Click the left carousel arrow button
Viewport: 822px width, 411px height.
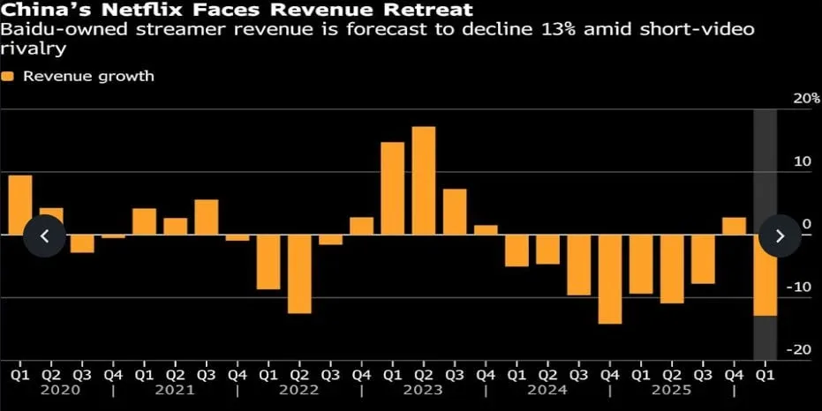[x=44, y=235]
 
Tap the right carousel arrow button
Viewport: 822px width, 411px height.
[x=780, y=235]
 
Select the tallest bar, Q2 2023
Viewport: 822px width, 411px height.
[x=424, y=181]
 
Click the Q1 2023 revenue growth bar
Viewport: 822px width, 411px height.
[x=392, y=188]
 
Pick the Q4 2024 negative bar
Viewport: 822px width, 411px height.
[x=610, y=280]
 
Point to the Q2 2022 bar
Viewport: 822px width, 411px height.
[x=299, y=274]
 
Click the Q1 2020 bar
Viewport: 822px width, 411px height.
[x=20, y=205]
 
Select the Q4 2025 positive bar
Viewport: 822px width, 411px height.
[x=734, y=226]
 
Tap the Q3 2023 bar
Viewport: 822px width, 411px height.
[x=455, y=212]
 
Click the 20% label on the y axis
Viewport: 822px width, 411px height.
[x=805, y=98]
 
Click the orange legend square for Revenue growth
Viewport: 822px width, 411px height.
[x=8, y=77]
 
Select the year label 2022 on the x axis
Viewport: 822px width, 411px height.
[x=298, y=389]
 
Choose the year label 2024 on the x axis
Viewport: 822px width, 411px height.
[x=547, y=389]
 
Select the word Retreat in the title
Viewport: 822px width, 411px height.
[x=421, y=11]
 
